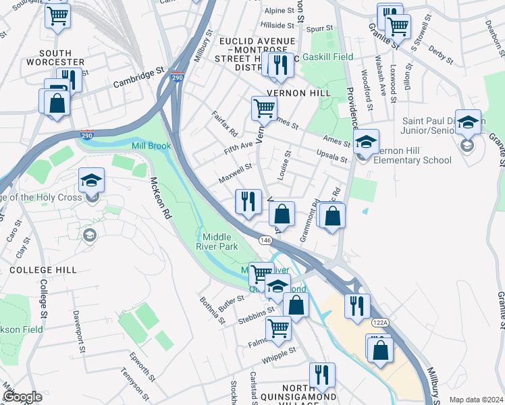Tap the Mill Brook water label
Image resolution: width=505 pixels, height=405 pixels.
click(x=151, y=146)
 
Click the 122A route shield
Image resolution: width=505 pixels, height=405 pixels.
click(x=380, y=323)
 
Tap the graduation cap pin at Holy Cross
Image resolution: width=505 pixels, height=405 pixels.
click(x=91, y=181)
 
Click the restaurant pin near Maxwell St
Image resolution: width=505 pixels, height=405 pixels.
click(x=248, y=202)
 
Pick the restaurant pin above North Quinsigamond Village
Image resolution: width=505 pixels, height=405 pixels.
click(x=322, y=376)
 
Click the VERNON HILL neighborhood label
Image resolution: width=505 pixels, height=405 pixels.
click(x=298, y=93)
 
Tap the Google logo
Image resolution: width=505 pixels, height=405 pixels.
click(x=22, y=397)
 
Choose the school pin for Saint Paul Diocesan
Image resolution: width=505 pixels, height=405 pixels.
click(x=468, y=123)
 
